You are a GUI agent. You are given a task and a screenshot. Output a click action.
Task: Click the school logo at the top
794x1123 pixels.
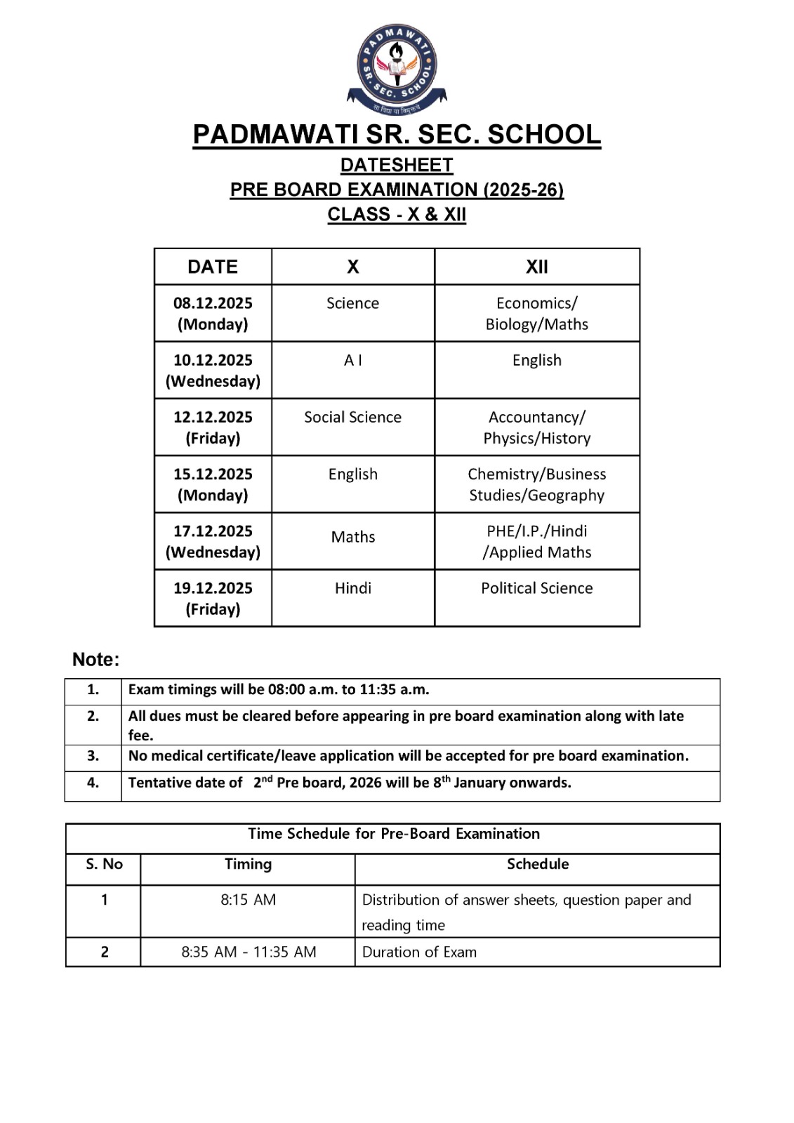tap(397, 68)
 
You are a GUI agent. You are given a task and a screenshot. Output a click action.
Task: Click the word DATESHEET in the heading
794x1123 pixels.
tap(397, 165)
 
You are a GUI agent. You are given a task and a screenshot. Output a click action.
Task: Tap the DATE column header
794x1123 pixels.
tap(213, 267)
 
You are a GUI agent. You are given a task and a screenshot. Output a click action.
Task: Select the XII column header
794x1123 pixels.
tap(537, 267)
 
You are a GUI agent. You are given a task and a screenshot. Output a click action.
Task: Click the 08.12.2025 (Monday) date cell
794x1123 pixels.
tap(213, 313)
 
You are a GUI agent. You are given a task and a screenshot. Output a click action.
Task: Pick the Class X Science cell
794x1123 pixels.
tap(352, 303)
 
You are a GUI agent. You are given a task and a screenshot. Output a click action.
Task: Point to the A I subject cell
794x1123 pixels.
tap(352, 360)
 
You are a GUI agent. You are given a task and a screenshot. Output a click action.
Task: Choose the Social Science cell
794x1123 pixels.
tap(352, 417)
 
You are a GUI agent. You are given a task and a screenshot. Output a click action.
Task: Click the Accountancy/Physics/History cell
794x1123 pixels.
tap(537, 427)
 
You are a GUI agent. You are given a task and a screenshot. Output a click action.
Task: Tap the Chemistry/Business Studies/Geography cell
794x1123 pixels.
tap(537, 484)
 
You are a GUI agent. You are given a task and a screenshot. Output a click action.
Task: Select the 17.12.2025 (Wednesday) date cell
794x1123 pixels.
tap(213, 541)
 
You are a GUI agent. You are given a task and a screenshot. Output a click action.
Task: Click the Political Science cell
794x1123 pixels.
tap(537, 588)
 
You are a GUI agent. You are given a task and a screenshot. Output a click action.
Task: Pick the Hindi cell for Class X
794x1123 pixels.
tap(352, 588)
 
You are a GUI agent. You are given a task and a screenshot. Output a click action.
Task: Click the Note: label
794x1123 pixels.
tap(96, 660)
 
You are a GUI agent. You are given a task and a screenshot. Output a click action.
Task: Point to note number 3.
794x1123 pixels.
tap(93, 756)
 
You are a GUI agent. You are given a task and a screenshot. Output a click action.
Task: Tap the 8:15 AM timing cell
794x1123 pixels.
tap(248, 900)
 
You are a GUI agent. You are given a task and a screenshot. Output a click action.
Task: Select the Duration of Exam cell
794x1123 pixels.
tap(419, 952)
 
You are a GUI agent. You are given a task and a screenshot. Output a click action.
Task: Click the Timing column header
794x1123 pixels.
tap(248, 864)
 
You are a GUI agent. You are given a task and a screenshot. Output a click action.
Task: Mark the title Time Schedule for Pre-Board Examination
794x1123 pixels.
tap(394, 834)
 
